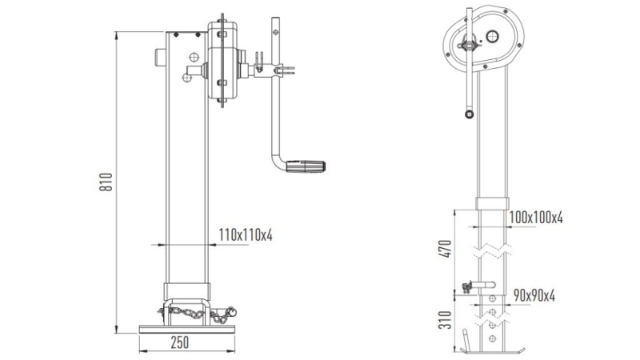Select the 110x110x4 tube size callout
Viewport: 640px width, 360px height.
point(246,234)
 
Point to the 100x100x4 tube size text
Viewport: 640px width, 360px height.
point(535,217)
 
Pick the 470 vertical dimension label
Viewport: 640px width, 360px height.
point(449,249)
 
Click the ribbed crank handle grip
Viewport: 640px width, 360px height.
point(309,168)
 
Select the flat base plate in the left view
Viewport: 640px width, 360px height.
point(186,328)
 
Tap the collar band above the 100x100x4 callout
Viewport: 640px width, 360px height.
point(493,202)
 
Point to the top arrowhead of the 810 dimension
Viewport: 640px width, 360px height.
point(118,34)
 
